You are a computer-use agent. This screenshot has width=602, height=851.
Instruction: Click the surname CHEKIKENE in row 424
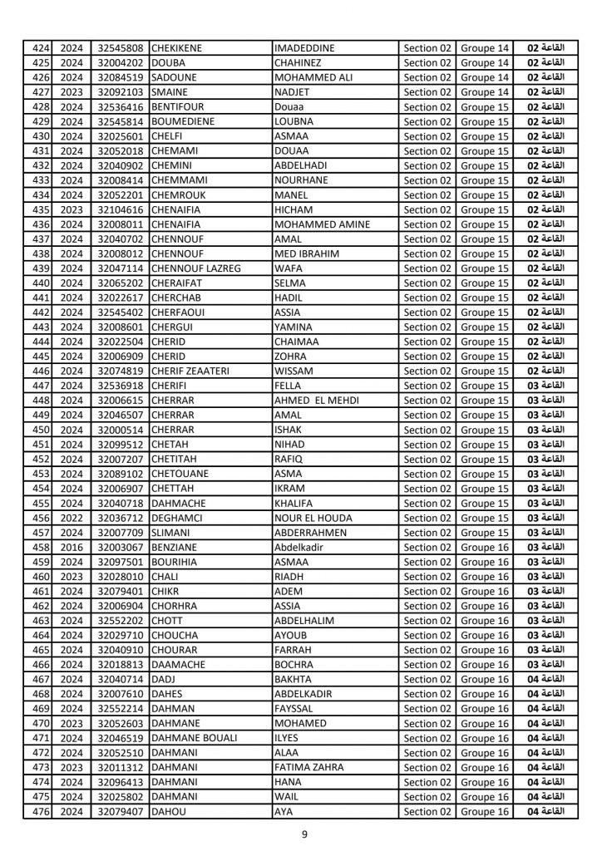pyautogui.click(x=181, y=48)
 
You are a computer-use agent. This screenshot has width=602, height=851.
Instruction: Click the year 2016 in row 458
pyautogui.click(x=72, y=547)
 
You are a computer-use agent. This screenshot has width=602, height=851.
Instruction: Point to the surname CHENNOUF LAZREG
pyautogui.click(x=196, y=268)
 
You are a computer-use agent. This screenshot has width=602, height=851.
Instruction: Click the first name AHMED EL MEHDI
pyautogui.click(x=316, y=401)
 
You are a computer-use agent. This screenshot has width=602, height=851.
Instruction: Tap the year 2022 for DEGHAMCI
pyautogui.click(x=72, y=518)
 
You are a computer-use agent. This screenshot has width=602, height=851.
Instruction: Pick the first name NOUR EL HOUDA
pyautogui.click(x=313, y=518)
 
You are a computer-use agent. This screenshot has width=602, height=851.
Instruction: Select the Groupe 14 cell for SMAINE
pyautogui.click(x=485, y=92)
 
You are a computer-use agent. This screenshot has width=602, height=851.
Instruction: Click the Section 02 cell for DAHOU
pyautogui.click(x=427, y=811)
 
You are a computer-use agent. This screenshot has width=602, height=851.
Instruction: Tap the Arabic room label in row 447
pyautogui.click(x=546, y=386)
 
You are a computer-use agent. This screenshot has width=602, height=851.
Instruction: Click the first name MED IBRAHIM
pyautogui.click(x=303, y=253)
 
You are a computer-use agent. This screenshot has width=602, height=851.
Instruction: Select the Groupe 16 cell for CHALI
pyautogui.click(x=485, y=576)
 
